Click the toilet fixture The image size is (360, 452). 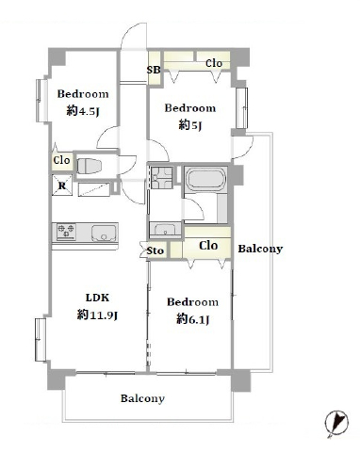pyautogui.click(x=90, y=166)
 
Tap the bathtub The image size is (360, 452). pyautogui.click(x=206, y=179)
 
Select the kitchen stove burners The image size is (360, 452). pyautogui.click(x=66, y=231)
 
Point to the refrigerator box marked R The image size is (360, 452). pyautogui.click(x=62, y=186)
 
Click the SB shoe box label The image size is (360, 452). pyautogui.click(x=154, y=70)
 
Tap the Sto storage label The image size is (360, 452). pyautogui.click(x=155, y=250)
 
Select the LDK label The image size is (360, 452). pyautogui.click(x=97, y=298)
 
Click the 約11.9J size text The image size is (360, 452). pyautogui.click(x=97, y=315)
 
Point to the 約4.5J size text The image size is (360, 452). pyautogui.click(x=83, y=111)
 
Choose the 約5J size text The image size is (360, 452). pyautogui.click(x=190, y=125)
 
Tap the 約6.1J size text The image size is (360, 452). pyautogui.click(x=192, y=319)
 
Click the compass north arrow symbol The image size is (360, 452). pyautogui.click(x=336, y=423)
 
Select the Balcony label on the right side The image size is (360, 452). pyautogui.click(x=260, y=249)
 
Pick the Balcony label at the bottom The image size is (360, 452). pyautogui.click(x=142, y=398)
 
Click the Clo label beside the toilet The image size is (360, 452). pyautogui.click(x=61, y=160)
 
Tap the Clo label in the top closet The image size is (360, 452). pyautogui.click(x=214, y=63)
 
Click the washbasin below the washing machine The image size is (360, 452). pyautogui.click(x=165, y=229)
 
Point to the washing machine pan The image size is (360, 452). pyautogui.click(x=162, y=178)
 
